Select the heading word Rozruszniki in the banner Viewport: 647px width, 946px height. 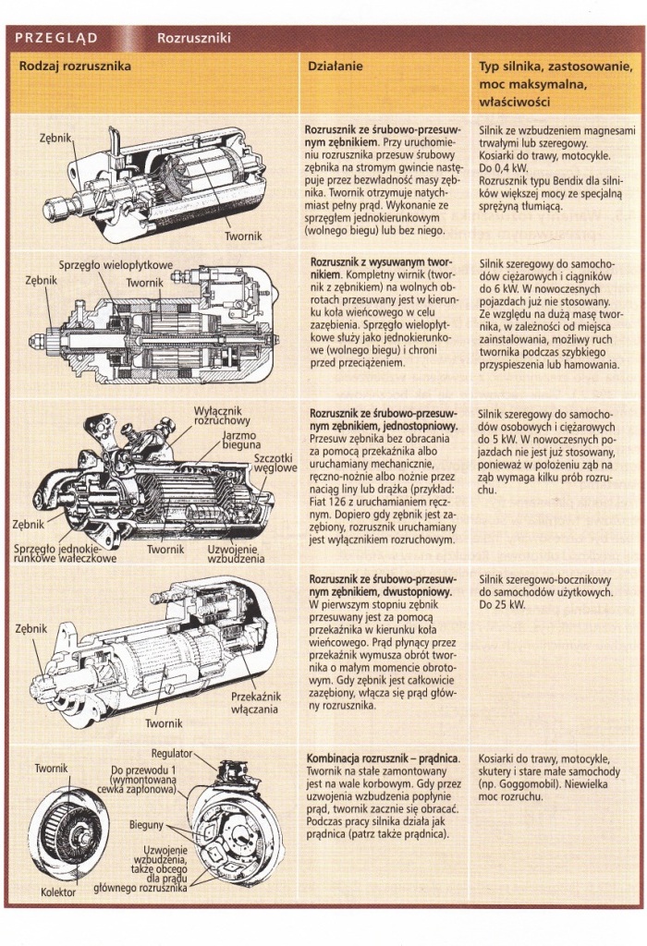pos(193,39)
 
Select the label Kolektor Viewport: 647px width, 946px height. pos(58,893)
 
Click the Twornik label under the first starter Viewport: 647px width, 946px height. pos(244,236)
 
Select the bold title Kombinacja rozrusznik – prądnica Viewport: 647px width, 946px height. pos(384,758)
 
